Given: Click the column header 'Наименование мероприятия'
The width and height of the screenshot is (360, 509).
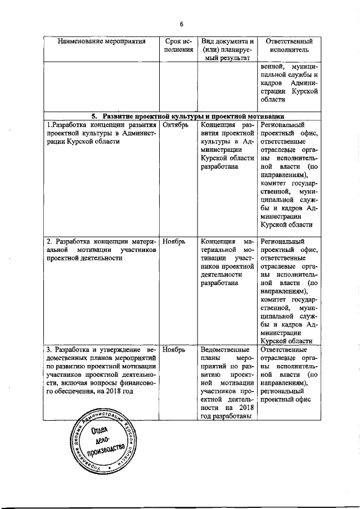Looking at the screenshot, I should pyautogui.click(x=102, y=41).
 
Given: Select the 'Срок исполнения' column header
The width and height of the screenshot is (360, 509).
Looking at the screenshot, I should pyautogui.click(x=178, y=46).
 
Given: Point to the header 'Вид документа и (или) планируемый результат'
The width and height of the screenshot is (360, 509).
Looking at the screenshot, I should pyautogui.click(x=227, y=49).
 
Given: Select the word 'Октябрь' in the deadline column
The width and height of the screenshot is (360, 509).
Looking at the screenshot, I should pyautogui.click(x=175, y=125).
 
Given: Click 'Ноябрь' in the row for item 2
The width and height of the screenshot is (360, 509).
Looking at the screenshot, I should pyautogui.click(x=173, y=242).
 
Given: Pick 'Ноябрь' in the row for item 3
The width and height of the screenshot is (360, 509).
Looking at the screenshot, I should pyautogui.click(x=173, y=349).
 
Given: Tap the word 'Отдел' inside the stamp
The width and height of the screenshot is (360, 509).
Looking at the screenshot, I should pyautogui.click(x=100, y=434).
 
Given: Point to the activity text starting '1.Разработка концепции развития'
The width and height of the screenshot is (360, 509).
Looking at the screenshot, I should pyautogui.click(x=102, y=133).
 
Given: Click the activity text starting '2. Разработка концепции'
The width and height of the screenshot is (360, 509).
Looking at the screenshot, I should pyautogui.click(x=102, y=250).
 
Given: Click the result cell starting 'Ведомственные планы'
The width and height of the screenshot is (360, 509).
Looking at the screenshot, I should pyautogui.click(x=227, y=385).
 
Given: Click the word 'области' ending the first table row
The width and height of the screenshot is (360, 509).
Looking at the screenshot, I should pyautogui.click(x=274, y=99).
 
